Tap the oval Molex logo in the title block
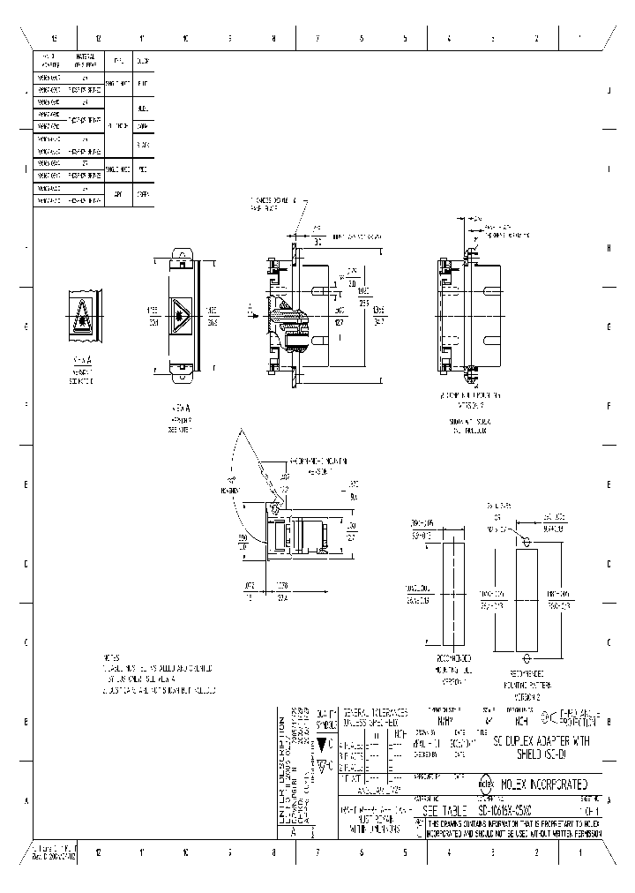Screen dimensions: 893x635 tap(485, 783)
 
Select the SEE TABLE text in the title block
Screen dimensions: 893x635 tap(450, 810)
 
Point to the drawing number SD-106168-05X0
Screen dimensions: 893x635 tap(512, 810)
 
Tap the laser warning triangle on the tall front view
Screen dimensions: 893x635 tap(183, 314)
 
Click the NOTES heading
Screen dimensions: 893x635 tap(110, 657)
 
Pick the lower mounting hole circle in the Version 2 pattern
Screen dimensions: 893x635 tap(527, 657)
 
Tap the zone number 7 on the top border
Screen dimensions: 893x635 tap(317, 39)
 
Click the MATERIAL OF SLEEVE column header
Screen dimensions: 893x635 tap(85, 61)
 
